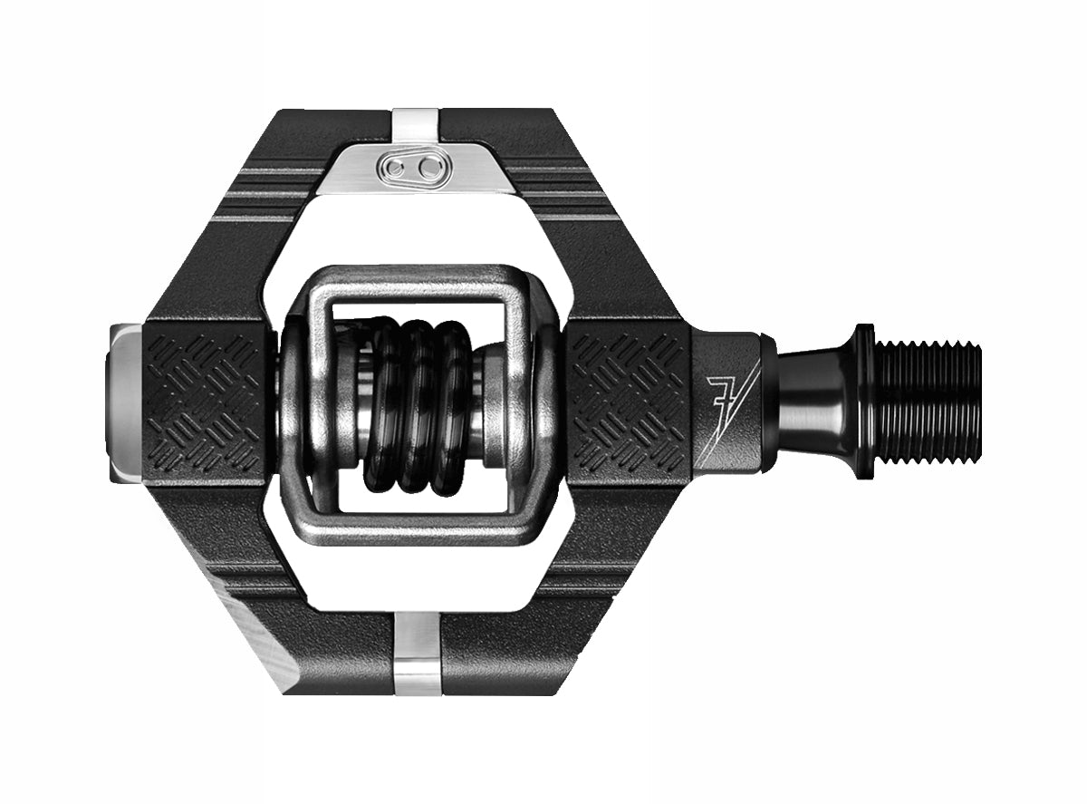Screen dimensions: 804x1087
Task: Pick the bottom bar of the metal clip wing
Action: [x=417, y=526]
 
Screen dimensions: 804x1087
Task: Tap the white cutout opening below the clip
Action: [x=417, y=580]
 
